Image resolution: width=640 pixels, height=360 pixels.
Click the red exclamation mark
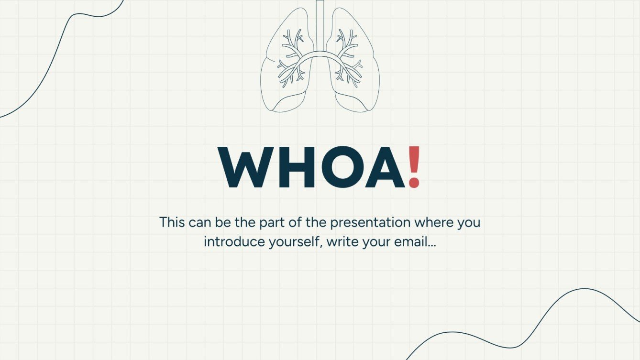pyautogui.click(x=414, y=166)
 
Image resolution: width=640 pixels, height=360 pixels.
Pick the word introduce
pyautogui.click(x=228, y=241)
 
